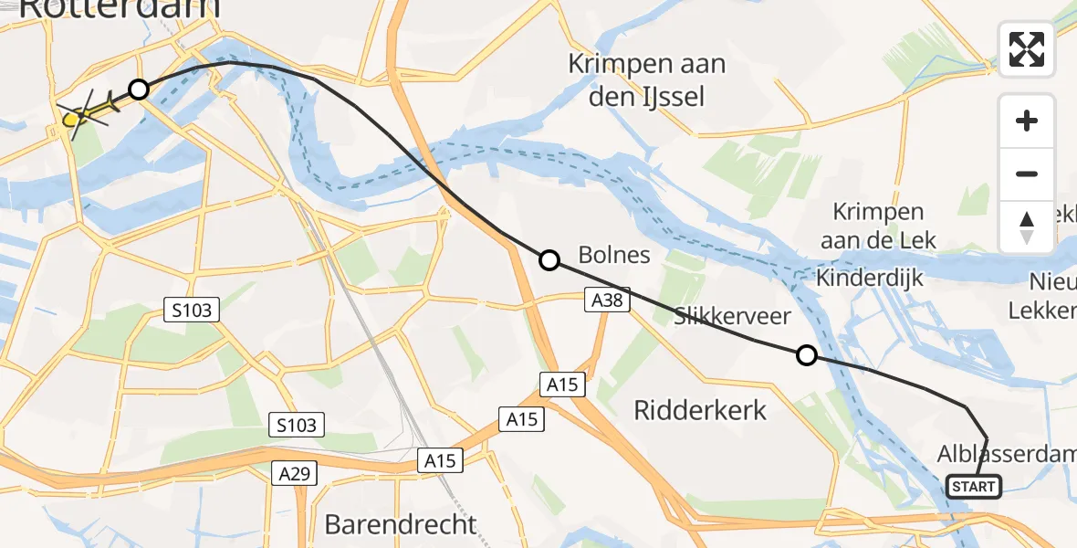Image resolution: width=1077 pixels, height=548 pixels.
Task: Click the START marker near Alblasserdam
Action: coord(974,487)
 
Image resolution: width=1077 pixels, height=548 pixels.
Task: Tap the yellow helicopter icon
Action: coord(87,112)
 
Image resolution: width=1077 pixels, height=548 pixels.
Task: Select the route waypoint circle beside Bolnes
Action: coord(549,260)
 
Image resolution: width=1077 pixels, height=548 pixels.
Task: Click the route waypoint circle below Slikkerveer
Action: coord(806,355)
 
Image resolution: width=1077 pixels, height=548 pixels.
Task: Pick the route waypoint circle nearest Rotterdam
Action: coord(138,90)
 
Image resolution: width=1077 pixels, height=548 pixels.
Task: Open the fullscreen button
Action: coord(1027,49)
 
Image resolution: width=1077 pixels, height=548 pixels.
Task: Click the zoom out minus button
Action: coord(1027,174)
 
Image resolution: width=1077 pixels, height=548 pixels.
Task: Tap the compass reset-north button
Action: coord(1027,227)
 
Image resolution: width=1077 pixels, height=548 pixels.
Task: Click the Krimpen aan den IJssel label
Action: coord(647,79)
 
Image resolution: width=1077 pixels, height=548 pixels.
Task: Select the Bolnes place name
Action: coord(615,254)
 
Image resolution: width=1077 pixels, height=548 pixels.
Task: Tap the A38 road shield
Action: coord(607,300)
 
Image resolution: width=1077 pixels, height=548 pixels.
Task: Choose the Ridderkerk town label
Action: coord(701,409)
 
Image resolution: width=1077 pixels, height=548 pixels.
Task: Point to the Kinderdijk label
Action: coord(871,278)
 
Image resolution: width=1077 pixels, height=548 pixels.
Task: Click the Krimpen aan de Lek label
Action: coord(878,226)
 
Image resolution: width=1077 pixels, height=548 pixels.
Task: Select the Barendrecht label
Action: coord(401,524)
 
